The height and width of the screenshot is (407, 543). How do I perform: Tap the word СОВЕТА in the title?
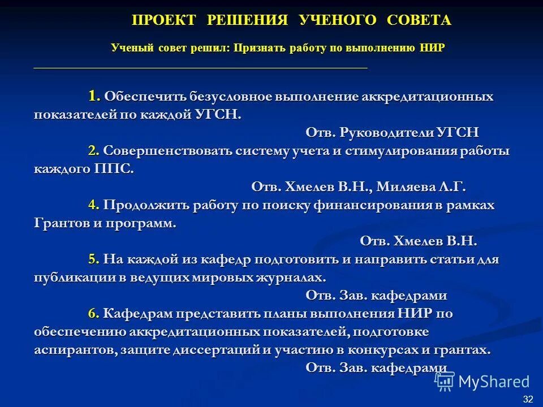pos(419,20)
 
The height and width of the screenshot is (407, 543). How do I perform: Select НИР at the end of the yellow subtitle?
pos(433,48)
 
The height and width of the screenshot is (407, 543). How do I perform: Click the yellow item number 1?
pos(94,96)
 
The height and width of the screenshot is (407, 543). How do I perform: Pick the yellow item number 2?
pos(94,151)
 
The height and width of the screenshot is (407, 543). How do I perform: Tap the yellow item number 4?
pos(94,205)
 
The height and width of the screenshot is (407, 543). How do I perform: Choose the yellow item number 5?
pos(94,259)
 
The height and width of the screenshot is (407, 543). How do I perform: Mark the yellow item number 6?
pos(94,313)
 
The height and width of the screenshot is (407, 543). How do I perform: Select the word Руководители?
pos(387,133)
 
